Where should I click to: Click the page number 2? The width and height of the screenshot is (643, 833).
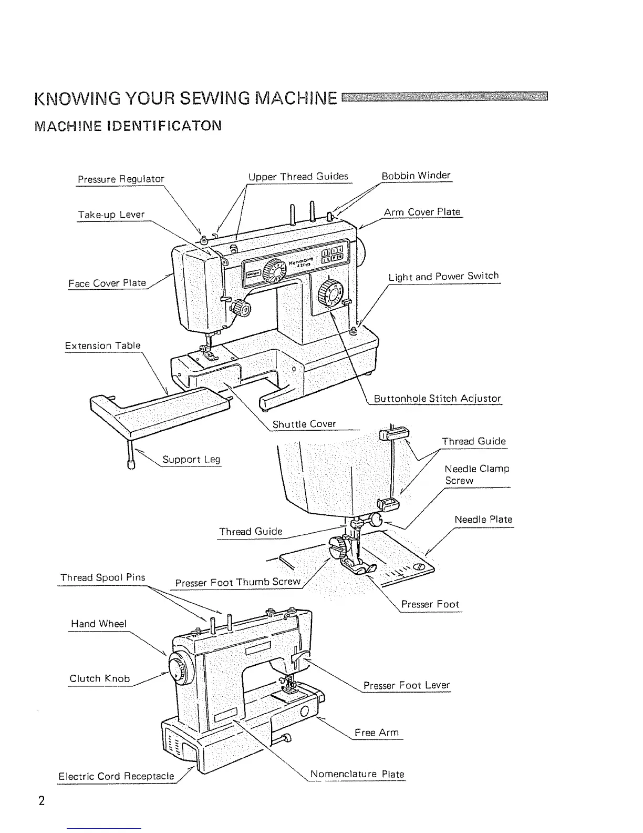click(41, 801)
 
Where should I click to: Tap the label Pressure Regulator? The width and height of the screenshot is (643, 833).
click(121, 179)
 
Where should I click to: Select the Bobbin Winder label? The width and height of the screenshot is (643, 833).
click(416, 175)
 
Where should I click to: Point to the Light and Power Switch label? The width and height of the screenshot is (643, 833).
click(443, 276)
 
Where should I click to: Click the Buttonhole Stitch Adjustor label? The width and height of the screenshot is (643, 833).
click(437, 398)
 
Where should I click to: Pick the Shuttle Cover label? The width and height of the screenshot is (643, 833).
click(304, 424)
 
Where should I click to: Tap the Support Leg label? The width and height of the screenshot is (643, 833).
click(191, 459)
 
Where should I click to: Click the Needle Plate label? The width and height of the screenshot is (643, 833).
click(483, 520)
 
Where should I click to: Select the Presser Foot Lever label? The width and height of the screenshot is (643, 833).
click(407, 685)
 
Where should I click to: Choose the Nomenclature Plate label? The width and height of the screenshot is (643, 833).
click(357, 774)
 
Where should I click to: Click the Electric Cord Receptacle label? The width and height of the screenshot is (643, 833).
click(116, 776)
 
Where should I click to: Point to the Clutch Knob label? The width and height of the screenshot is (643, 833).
click(99, 678)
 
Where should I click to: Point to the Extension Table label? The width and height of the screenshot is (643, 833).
click(102, 346)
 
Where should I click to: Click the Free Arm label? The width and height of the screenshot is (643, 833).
click(376, 733)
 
